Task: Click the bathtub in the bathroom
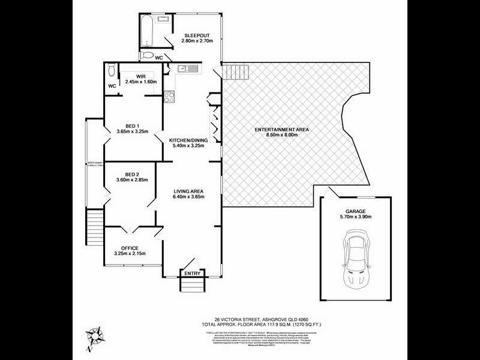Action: click(x=148, y=31)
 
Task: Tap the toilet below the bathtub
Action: click(x=146, y=55)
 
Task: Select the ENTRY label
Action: click(x=193, y=274)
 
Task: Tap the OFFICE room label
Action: click(x=130, y=248)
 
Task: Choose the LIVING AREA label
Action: click(x=189, y=190)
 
